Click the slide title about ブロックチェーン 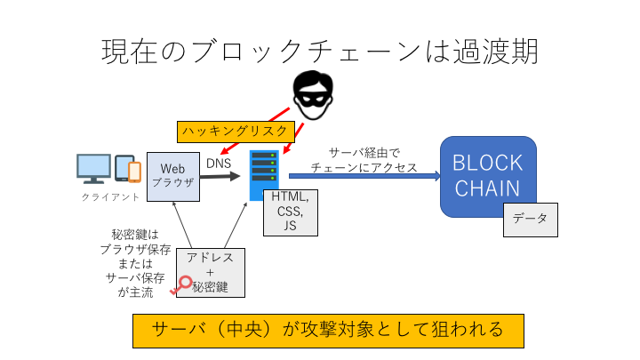pos(320,50)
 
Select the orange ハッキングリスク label pos(235,131)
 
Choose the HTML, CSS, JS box pos(290,211)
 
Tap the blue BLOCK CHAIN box pos(488,176)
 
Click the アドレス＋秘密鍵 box pos(211,272)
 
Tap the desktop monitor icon pos(93,169)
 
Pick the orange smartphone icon pos(134,171)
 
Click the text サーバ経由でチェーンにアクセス pos(364,159)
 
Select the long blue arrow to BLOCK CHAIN pos(364,176)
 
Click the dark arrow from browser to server pos(221,176)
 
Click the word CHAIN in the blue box pos(488,190)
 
